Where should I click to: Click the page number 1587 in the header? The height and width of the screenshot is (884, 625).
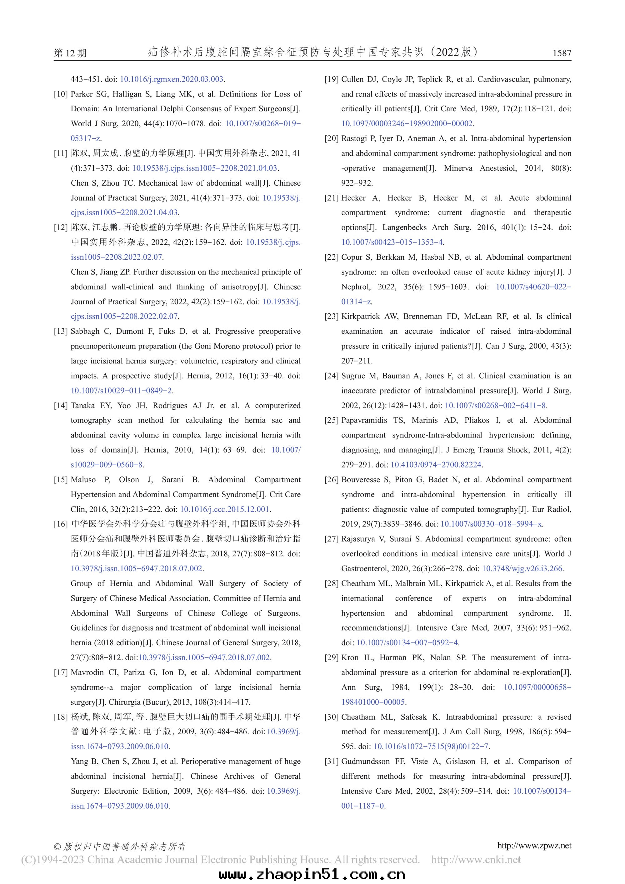point(562,53)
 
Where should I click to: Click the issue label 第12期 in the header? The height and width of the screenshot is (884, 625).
point(70,53)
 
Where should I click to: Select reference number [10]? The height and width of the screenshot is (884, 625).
point(61,94)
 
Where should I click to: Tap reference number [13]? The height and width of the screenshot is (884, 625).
point(61,332)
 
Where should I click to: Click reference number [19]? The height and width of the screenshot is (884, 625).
point(331,79)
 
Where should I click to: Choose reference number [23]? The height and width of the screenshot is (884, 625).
point(331,317)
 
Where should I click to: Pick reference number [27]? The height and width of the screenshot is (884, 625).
point(331,539)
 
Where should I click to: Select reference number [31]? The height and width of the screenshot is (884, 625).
point(331,762)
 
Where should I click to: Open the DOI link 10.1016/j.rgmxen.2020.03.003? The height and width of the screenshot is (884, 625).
point(172,79)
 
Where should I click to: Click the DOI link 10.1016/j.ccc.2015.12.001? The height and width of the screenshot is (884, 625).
point(224,509)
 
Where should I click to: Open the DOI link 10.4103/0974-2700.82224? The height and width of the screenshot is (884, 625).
point(436,465)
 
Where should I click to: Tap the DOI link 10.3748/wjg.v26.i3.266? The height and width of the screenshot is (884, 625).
point(522,569)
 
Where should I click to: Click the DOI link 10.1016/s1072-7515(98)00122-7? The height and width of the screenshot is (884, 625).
point(431,747)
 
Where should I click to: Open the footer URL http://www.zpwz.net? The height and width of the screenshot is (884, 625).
point(534,846)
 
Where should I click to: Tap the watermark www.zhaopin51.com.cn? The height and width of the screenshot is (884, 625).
point(312,874)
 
